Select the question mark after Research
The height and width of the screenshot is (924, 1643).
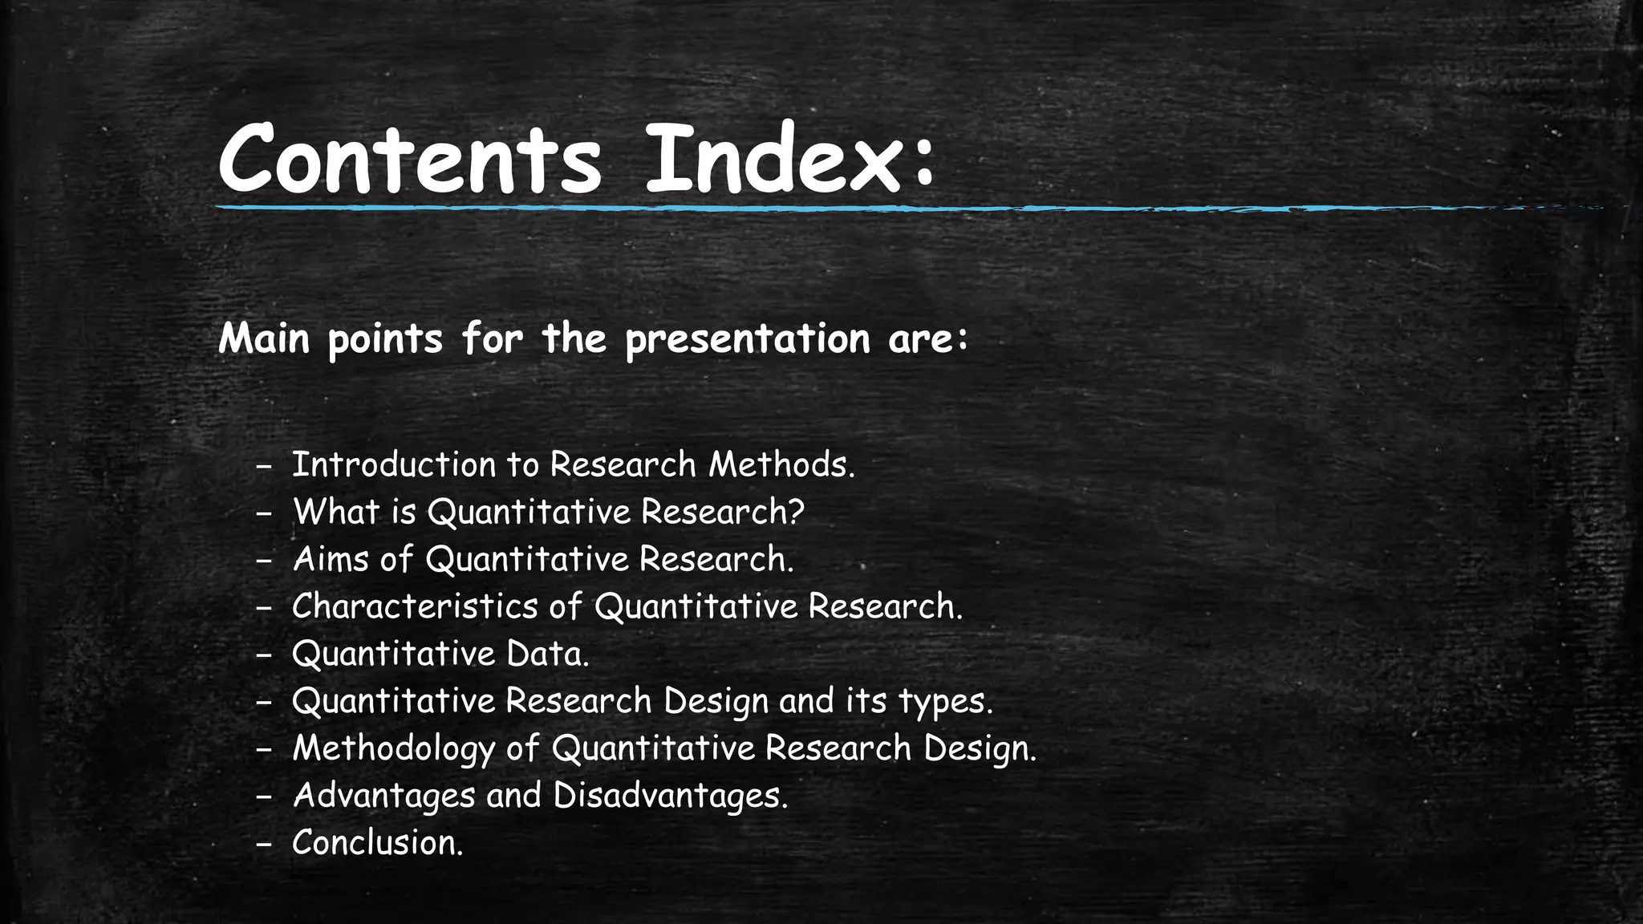(x=795, y=512)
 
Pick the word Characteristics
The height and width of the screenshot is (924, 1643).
(x=414, y=606)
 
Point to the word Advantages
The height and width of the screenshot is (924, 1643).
(x=383, y=796)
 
